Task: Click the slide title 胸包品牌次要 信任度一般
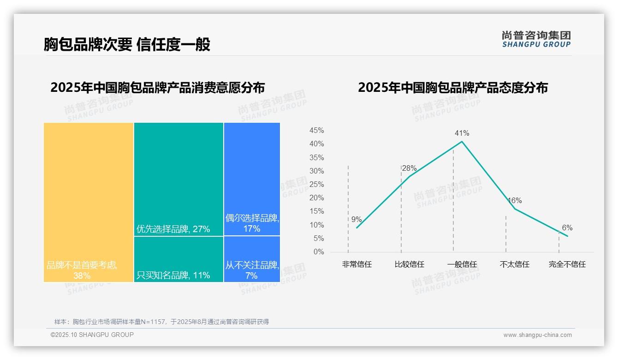[127, 44]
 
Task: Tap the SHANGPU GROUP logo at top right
[536, 39]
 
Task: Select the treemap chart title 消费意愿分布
[158, 88]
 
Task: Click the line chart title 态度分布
[452, 88]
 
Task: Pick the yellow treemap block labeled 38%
[89, 202]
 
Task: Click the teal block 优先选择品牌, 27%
[178, 179]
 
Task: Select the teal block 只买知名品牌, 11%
[178, 259]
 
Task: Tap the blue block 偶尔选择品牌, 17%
[252, 179]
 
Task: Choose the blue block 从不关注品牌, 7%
[252, 259]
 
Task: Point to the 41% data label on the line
[462, 133]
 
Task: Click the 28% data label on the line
[409, 168]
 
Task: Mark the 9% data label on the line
[357, 220]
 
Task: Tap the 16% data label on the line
[514, 201]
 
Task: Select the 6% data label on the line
[567, 228]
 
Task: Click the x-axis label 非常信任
[357, 264]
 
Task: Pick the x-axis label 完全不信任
[567, 264]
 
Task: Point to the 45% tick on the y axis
[316, 131]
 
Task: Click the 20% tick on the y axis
[316, 198]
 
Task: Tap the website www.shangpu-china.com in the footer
[537, 335]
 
